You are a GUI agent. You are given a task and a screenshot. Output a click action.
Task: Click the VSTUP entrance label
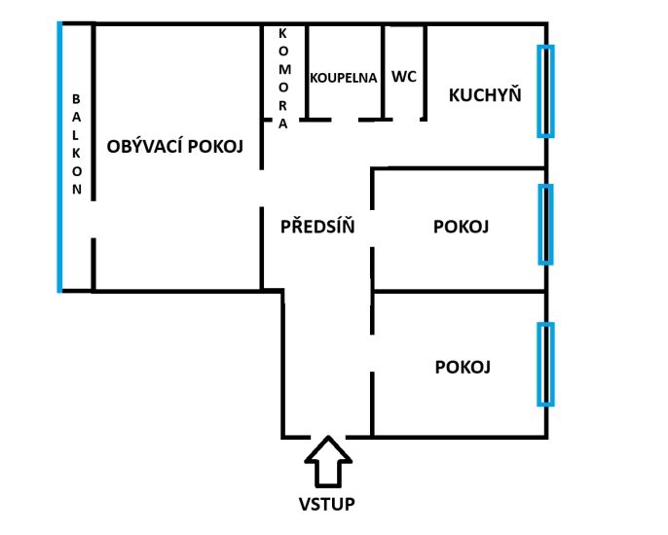pyautogui.click(x=327, y=504)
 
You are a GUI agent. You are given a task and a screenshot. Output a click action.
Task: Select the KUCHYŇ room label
pyautogui.click(x=485, y=94)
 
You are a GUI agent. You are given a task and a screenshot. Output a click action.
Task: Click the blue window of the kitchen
pyautogui.click(x=545, y=91)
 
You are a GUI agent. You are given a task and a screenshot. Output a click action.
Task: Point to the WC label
pyautogui.click(x=404, y=77)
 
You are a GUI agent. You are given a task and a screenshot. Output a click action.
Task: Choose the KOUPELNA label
pyautogui.click(x=344, y=78)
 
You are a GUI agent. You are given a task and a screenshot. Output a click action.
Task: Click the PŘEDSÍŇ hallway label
pyautogui.click(x=317, y=226)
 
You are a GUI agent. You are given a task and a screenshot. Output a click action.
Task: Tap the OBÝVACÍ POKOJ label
pyautogui.click(x=174, y=147)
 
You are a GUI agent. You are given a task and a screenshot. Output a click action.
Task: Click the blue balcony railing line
pyautogui.click(x=59, y=157)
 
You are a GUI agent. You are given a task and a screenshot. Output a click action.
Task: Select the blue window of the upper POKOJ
pyautogui.click(x=545, y=224)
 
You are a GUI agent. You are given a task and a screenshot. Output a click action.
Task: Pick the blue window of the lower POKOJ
pyautogui.click(x=545, y=365)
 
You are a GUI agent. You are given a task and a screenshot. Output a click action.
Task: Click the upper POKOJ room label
pyautogui.click(x=461, y=227)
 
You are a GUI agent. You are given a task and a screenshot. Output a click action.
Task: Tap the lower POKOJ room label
pyautogui.click(x=463, y=367)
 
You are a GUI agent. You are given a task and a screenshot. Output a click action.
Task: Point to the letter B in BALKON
pyautogui.click(x=76, y=99)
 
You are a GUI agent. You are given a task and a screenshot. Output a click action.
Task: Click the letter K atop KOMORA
pyautogui.click(x=282, y=34)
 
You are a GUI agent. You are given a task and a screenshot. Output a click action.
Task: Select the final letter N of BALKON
pyautogui.click(x=77, y=189)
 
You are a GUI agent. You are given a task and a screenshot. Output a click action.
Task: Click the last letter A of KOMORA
pyautogui.click(x=282, y=124)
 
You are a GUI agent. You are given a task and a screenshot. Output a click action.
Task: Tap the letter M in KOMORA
pyautogui.click(x=284, y=69)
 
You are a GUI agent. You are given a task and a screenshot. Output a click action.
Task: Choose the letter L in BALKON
pyautogui.click(x=75, y=135)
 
